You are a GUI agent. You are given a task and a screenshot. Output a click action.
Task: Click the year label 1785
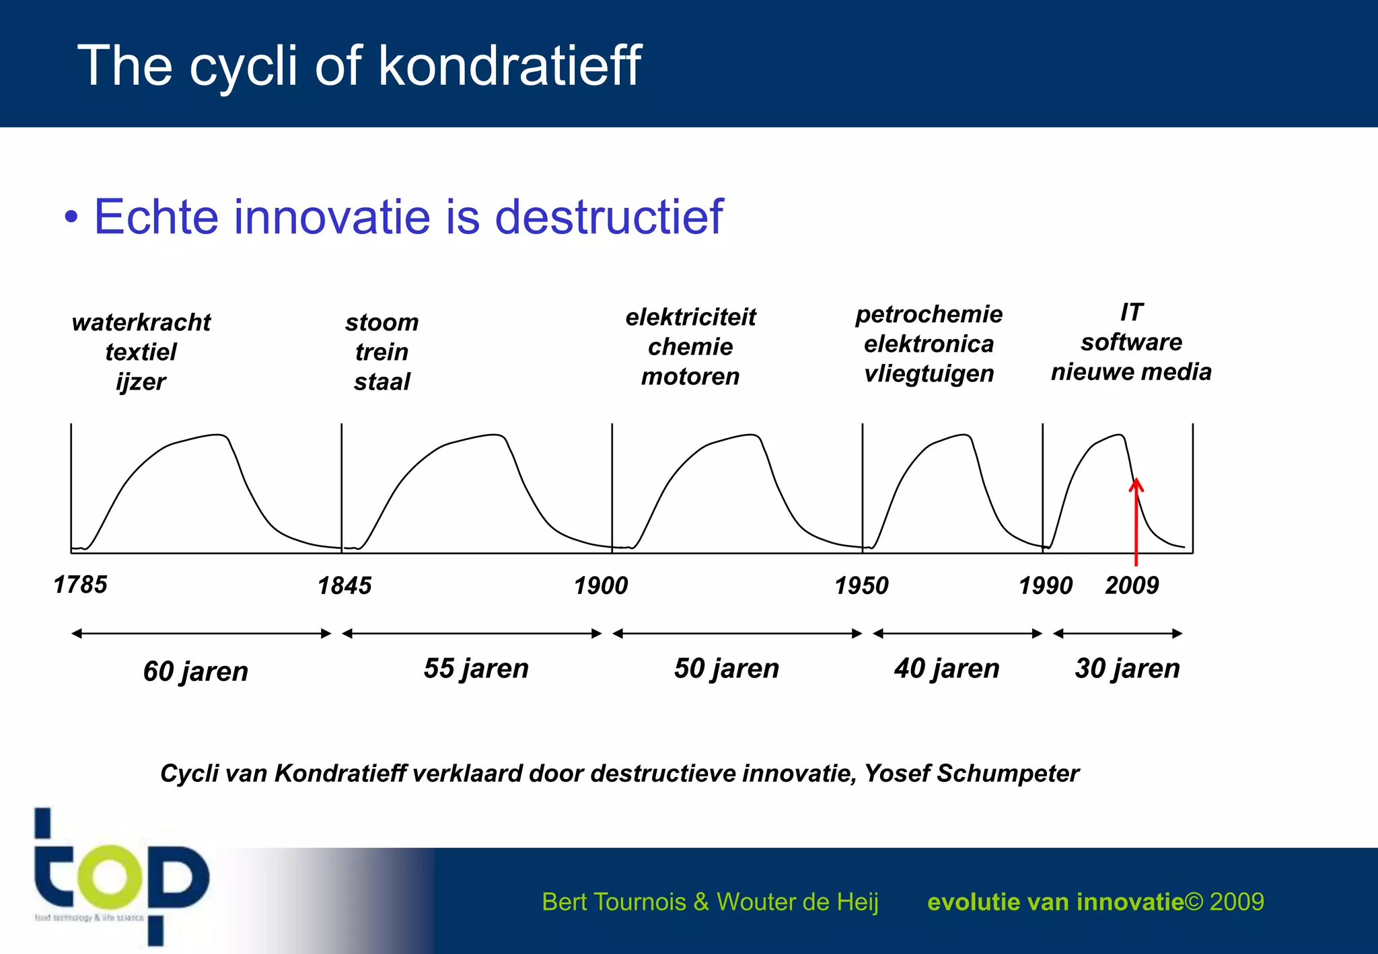point(80,585)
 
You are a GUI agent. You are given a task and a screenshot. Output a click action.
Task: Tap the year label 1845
point(344,586)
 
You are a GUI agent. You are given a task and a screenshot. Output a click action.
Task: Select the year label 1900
point(601,586)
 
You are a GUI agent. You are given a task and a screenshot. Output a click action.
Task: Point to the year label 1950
point(861,586)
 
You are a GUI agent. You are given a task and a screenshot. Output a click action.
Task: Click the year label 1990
point(1046,586)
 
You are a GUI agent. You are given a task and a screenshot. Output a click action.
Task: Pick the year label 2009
point(1132,585)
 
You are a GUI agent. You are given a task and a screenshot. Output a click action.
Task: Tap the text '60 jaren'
point(195,671)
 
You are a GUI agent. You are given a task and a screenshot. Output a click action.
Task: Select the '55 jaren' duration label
point(476,669)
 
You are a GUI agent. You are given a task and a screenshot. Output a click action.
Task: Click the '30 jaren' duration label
point(1127,669)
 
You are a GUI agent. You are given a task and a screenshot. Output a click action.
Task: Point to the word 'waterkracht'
point(141,322)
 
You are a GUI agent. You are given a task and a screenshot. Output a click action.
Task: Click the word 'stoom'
point(382,322)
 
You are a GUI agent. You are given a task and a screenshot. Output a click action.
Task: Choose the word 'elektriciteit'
point(690,317)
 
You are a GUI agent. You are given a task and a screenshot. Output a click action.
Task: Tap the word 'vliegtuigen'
point(929,373)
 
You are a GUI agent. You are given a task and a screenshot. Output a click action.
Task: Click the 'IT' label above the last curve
point(1131,312)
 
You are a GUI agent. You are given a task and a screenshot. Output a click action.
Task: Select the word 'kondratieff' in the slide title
point(509,65)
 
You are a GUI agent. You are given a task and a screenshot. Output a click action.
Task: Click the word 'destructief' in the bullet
point(608,217)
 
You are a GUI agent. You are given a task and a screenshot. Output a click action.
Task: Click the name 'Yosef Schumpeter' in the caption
point(971,774)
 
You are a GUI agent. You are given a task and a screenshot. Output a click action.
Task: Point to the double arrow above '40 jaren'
point(957,633)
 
